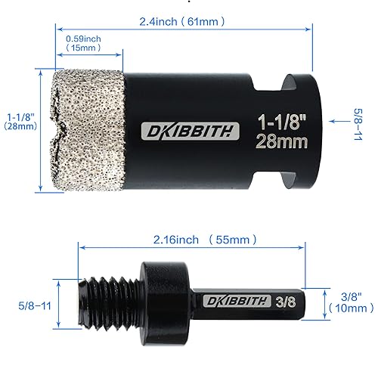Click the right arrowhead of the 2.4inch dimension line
309,28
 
